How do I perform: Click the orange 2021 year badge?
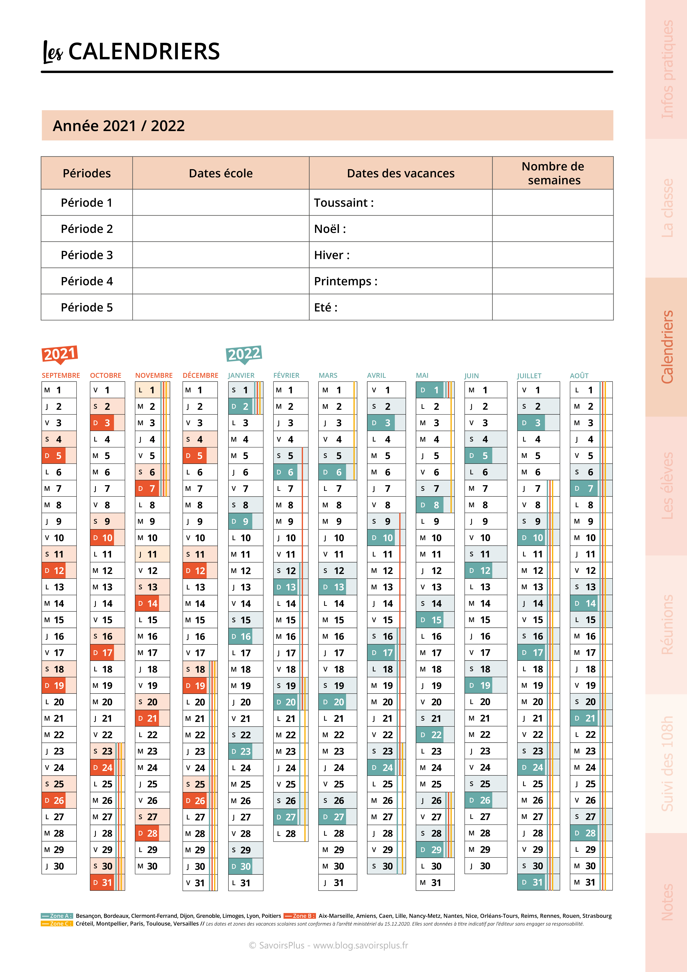point(60,354)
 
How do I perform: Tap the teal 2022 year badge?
point(244,354)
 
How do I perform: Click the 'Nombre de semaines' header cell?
point(553,173)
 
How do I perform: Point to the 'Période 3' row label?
point(87,255)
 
